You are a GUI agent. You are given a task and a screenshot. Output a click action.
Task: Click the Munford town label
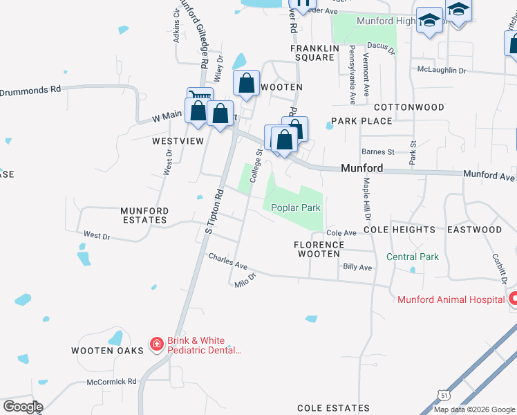pyautogui.click(x=361, y=168)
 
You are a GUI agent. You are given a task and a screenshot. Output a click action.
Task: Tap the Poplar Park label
pyautogui.click(x=295, y=207)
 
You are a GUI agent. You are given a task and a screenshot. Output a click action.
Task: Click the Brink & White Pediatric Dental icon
pyautogui.click(x=157, y=344)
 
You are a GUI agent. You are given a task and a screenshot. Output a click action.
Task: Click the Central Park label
pyautogui.click(x=412, y=257)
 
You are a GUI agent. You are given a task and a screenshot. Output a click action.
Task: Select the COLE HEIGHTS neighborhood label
pyautogui.click(x=400, y=230)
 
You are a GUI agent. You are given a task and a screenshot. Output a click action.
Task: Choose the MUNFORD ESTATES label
pyautogui.click(x=144, y=215)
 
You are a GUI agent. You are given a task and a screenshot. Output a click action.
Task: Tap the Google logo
pyautogui.click(x=22, y=406)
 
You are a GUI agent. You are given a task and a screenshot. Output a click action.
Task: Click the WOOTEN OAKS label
pyautogui.click(x=107, y=351)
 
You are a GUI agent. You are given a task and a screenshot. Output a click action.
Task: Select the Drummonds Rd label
pyautogui.click(x=30, y=90)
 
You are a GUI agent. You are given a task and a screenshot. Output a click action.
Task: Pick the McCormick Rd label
pyautogui.click(x=112, y=381)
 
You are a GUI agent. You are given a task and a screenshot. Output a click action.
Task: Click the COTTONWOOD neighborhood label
pyautogui.click(x=408, y=108)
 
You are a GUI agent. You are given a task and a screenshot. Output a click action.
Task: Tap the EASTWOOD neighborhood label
pyautogui.click(x=474, y=230)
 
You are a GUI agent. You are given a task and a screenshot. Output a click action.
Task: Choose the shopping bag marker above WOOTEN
pyautogui.click(x=247, y=84)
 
